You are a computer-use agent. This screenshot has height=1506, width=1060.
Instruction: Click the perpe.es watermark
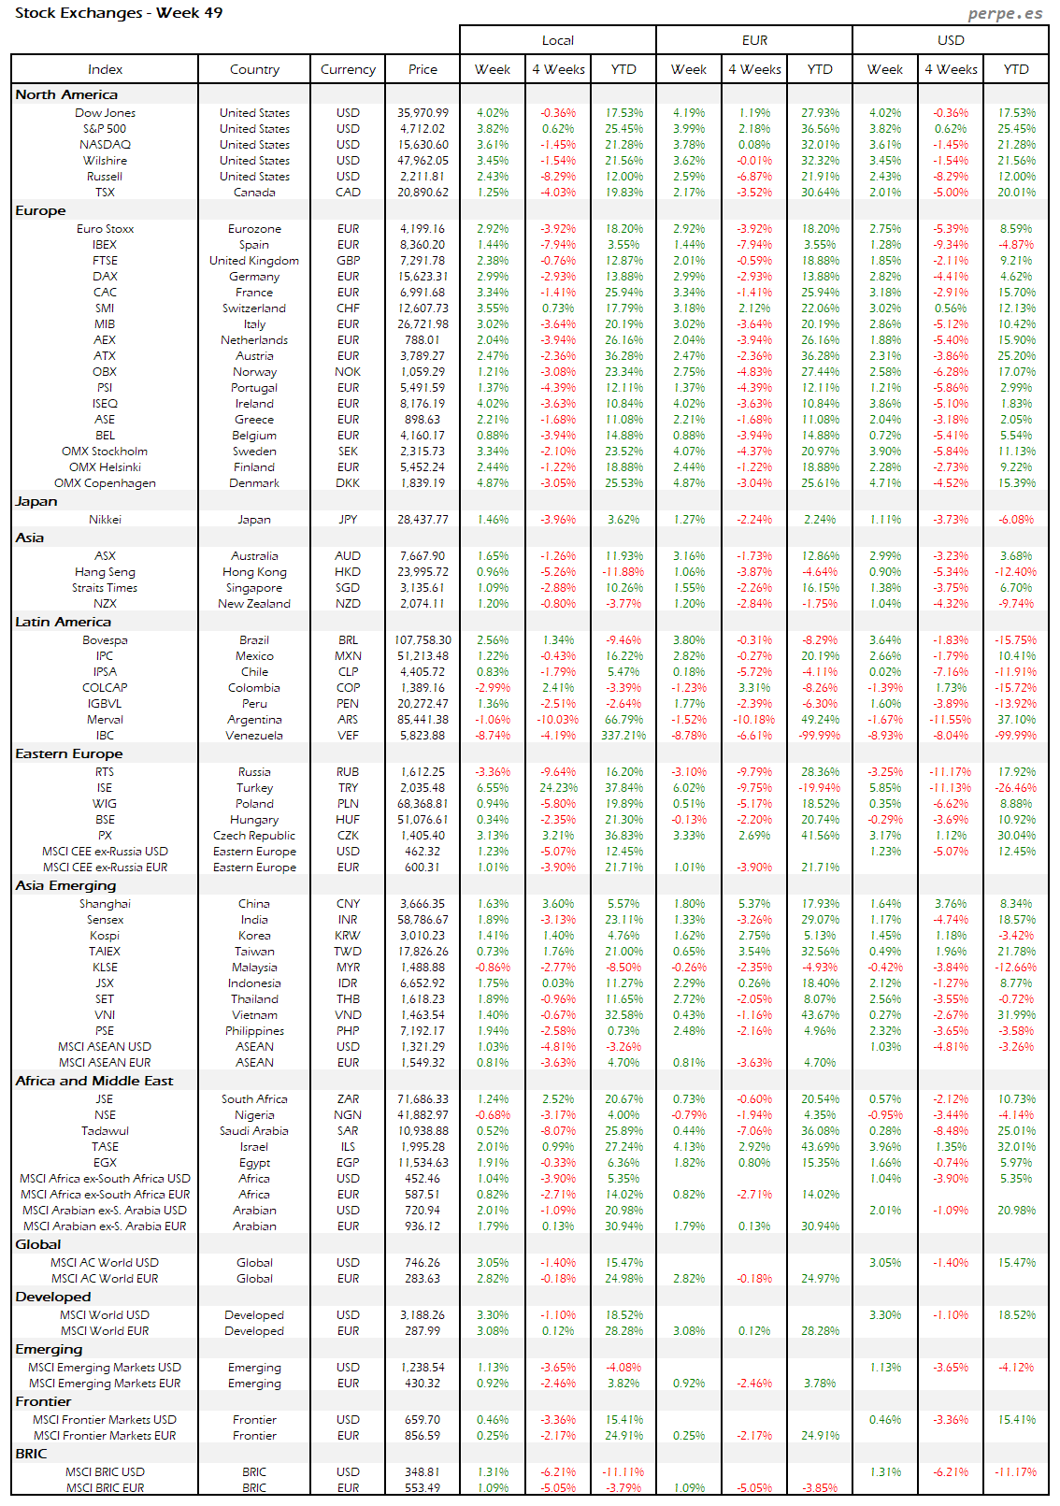click(x=1005, y=13)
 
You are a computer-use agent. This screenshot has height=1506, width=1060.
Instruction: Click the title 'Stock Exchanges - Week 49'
click(x=119, y=13)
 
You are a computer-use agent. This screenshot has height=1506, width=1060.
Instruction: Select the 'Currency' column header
click(x=348, y=69)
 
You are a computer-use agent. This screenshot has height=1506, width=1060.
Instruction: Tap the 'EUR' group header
click(x=754, y=40)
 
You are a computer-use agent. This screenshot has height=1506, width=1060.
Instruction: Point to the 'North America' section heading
click(x=66, y=94)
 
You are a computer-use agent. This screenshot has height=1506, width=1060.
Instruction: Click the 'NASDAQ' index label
click(x=105, y=145)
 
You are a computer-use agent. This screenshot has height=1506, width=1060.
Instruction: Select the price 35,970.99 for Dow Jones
click(x=423, y=113)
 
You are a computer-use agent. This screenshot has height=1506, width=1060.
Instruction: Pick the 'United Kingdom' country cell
click(x=254, y=261)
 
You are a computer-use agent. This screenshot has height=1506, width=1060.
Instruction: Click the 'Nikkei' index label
click(x=105, y=520)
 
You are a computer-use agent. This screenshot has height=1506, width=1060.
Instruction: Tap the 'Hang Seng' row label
click(x=105, y=572)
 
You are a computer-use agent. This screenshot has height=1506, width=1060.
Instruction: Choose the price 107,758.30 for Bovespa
click(x=423, y=640)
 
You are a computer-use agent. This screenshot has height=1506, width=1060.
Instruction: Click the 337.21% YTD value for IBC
click(x=623, y=736)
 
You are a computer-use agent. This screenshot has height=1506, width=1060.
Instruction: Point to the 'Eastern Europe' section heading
click(x=69, y=753)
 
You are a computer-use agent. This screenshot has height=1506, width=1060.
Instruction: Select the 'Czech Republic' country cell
click(x=254, y=836)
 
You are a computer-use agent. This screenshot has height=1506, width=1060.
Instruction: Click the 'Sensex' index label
click(x=105, y=920)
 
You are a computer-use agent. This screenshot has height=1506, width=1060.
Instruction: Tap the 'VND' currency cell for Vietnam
click(x=348, y=1015)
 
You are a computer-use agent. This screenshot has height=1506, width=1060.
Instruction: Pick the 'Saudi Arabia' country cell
click(x=254, y=1131)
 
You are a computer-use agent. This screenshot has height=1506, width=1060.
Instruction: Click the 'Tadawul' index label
click(x=105, y=1131)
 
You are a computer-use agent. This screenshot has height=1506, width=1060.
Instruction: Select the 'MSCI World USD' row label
click(x=105, y=1315)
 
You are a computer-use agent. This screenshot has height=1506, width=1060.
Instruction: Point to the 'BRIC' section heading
click(x=31, y=1454)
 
